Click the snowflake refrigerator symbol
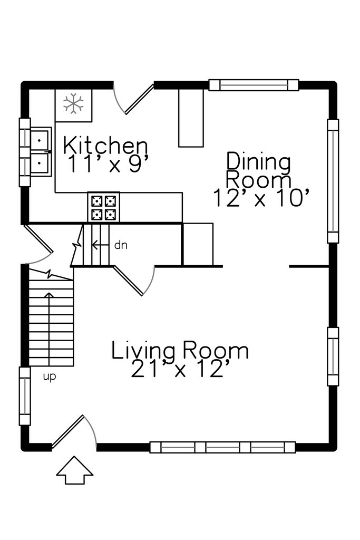pyautogui.click(x=73, y=103)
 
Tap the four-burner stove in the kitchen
pyautogui.click(x=104, y=207)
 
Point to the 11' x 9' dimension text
pyautogui.click(x=109, y=163)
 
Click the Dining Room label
pyautogui.click(x=259, y=170)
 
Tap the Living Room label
pyautogui.click(x=180, y=350)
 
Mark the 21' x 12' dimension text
pyautogui.click(x=180, y=369)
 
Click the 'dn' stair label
pyautogui.click(x=121, y=245)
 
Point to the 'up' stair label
pyautogui.click(x=49, y=377)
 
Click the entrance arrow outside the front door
pyautogui.click(x=75, y=470)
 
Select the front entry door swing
pyautogui.click(x=74, y=432)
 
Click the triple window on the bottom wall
pyautogui.click(x=222, y=447)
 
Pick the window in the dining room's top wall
pyautogui.click(x=254, y=85)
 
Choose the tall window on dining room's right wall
pyautogui.click(x=333, y=181)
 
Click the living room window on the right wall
pyautogui.click(x=333, y=356)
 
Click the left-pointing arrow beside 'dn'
pyautogui.click(x=100, y=245)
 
